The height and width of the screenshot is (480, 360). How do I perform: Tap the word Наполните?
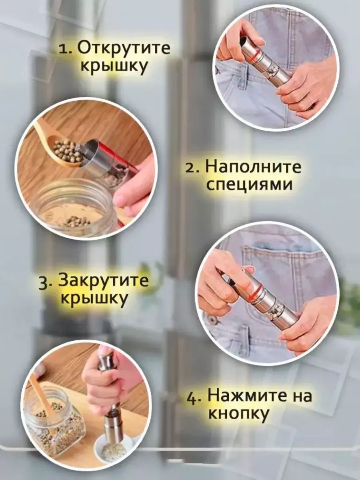253,167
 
